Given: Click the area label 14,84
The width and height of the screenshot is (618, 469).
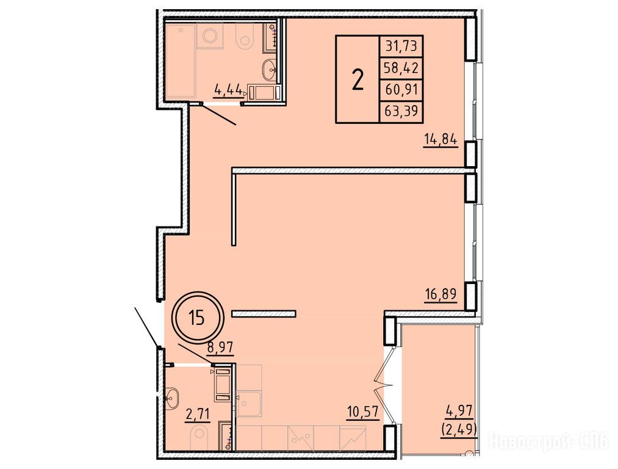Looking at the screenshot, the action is tap(440, 139).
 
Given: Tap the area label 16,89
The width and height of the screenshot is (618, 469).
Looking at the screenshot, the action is tap(440, 294).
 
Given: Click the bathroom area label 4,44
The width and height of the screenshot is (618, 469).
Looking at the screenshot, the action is tap(228, 90).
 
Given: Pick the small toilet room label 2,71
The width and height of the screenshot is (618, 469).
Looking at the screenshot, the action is tap(196, 415).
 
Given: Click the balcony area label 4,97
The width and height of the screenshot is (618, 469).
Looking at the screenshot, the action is tap(459, 412).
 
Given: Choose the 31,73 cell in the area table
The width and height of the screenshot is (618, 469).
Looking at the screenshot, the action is tap(401, 46).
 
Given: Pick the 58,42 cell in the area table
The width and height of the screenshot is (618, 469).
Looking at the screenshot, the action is tap(401, 68).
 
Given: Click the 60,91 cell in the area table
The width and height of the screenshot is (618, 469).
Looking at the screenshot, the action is tap(401, 90).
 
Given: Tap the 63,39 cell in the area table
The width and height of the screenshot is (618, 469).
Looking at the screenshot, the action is tap(401, 112).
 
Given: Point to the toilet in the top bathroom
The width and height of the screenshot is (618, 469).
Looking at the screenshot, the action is tap(245, 36).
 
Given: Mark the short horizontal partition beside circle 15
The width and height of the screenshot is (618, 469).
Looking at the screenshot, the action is tap(264, 314).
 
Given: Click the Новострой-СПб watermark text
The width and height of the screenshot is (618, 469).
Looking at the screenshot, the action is tap(548, 441).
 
